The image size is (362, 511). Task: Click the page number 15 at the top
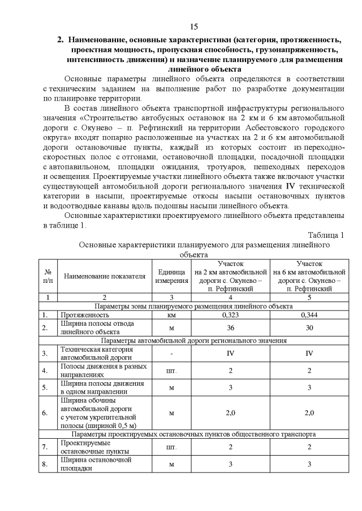193,27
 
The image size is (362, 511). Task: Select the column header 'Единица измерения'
171,276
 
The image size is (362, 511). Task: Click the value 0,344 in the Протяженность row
309,315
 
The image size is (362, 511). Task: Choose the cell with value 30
309,327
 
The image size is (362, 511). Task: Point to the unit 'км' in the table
171,315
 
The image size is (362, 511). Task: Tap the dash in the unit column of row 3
171,353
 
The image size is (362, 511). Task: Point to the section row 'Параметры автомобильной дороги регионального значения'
193,340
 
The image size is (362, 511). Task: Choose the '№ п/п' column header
48,276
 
